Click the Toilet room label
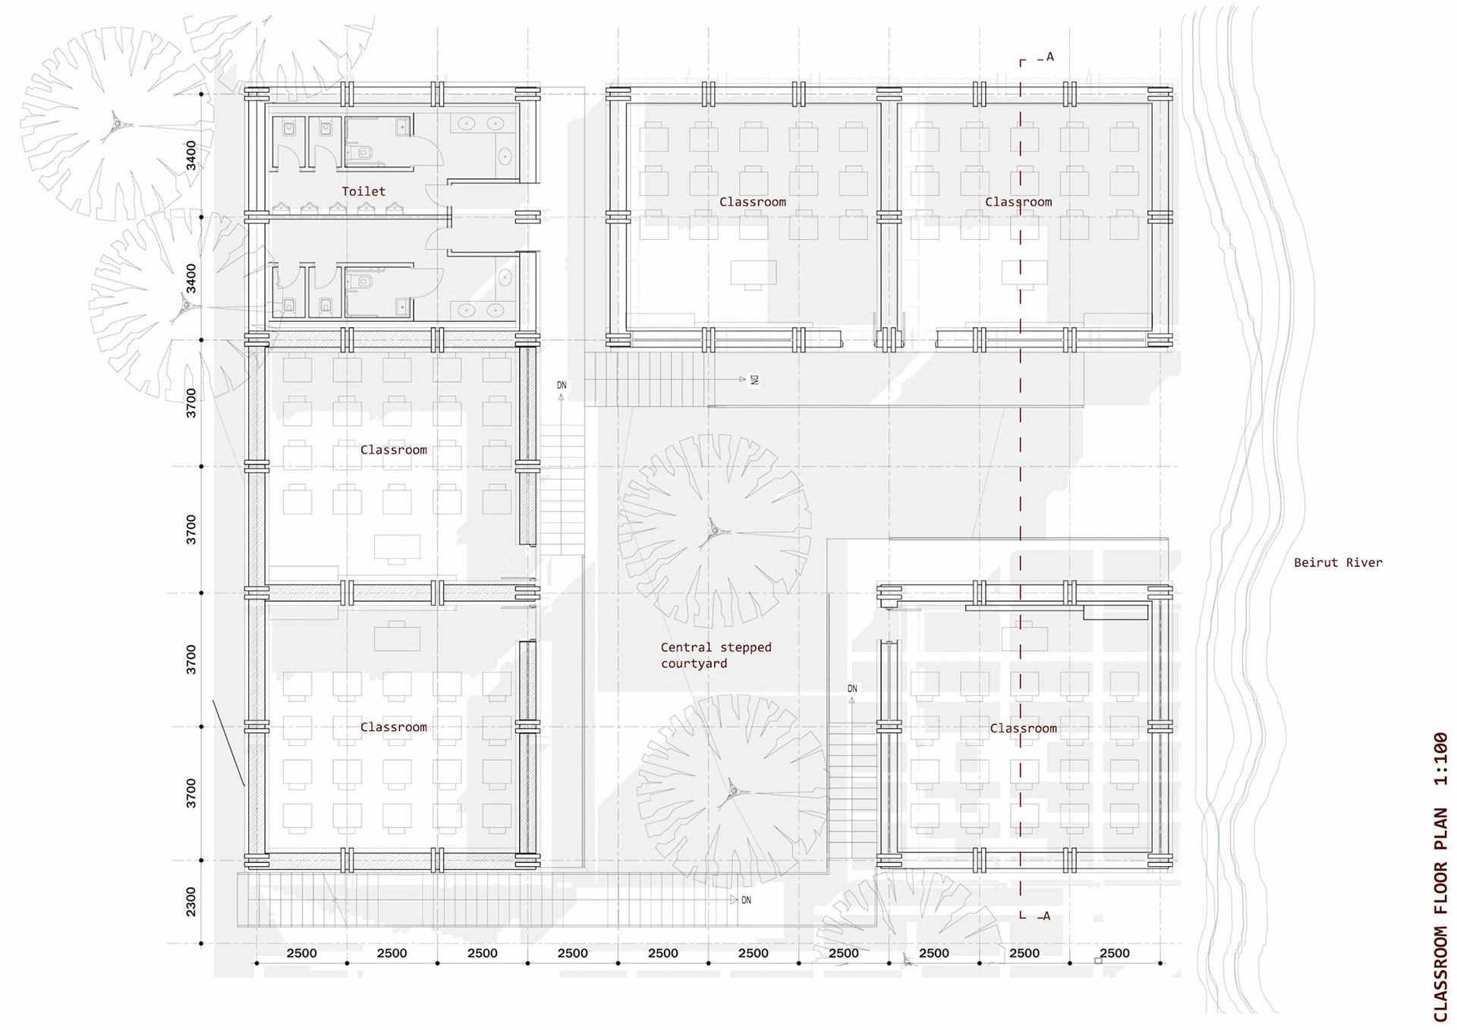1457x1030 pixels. [x=363, y=191]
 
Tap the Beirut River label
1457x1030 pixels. [x=1338, y=562]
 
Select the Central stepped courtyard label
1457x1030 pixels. [x=716, y=655]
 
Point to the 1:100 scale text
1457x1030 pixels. [x=1440, y=759]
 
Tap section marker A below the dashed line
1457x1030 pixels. [x=1046, y=916]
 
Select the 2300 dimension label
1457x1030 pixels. [x=190, y=902]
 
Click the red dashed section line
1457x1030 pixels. [x=1021, y=486]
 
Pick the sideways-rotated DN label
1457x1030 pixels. [x=754, y=380]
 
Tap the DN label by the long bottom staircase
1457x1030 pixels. [x=746, y=900]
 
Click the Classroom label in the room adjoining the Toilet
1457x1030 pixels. [x=393, y=450]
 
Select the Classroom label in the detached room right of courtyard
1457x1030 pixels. [x=1023, y=729]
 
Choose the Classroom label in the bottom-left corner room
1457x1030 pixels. [x=393, y=727]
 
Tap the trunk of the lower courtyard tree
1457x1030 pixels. [x=732, y=791]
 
